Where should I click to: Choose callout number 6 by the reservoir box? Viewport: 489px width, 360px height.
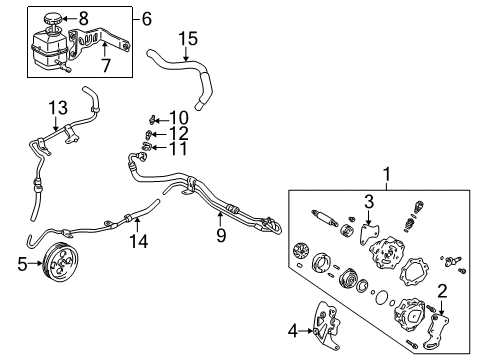(147, 19)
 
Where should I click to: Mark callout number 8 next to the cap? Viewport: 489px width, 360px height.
(84, 17)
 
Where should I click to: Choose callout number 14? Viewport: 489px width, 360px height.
(136, 240)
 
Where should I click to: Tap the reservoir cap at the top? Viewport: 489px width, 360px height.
(58, 17)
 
